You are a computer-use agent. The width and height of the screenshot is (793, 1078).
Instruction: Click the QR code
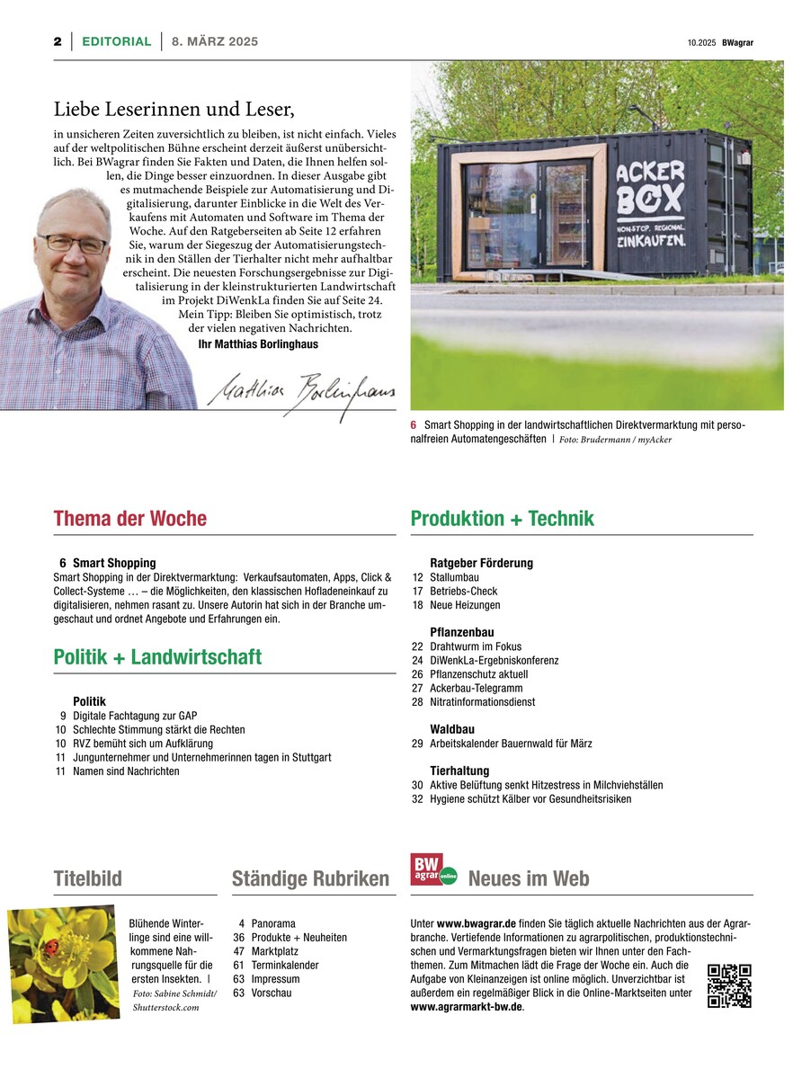point(729,985)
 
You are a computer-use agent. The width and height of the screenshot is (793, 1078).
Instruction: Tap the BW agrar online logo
point(432,869)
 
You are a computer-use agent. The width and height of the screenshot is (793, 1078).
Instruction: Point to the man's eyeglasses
point(73,243)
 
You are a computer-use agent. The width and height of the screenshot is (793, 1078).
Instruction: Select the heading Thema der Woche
point(129,519)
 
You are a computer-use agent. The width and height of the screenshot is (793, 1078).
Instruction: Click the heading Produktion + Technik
point(502,519)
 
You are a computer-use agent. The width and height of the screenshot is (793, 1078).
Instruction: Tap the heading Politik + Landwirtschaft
point(157,657)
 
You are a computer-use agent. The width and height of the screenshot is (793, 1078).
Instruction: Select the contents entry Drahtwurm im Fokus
point(475,646)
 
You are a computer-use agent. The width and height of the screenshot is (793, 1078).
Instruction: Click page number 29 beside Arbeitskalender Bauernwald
point(417,744)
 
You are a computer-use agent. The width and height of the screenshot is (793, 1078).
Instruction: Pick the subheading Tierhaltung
point(459,771)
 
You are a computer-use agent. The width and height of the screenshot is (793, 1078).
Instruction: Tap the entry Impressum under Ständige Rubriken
point(275,979)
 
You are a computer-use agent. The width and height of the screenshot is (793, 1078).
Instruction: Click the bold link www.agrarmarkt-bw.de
point(466,1007)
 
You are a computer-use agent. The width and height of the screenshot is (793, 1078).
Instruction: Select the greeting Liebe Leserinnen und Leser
point(174,110)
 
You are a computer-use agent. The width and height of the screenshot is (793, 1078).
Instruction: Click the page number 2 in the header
point(57,41)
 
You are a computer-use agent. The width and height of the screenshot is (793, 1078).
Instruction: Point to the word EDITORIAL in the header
point(117,41)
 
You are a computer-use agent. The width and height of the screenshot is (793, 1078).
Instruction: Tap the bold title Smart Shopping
point(114,563)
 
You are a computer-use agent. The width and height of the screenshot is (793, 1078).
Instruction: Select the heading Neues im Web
point(528,878)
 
